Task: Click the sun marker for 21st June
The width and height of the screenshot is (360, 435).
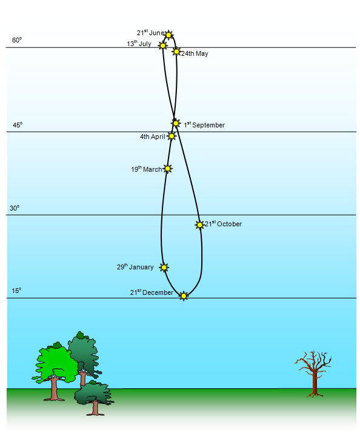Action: (x=168, y=35)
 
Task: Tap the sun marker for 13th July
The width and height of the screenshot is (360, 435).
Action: (x=162, y=46)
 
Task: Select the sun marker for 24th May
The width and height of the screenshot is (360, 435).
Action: (x=176, y=52)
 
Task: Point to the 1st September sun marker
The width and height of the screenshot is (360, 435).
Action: (x=175, y=123)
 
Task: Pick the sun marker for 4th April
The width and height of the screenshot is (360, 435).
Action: (x=172, y=136)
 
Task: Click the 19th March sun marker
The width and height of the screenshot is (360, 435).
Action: (x=167, y=169)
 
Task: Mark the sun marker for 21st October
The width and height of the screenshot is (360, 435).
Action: (x=199, y=224)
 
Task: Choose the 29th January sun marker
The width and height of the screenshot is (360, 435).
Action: (x=164, y=268)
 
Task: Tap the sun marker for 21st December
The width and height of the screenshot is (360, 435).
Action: (x=184, y=296)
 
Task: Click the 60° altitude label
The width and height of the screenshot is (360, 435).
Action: (x=17, y=40)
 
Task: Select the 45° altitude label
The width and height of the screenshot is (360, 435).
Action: (x=18, y=125)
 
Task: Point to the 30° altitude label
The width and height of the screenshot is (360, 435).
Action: (x=15, y=208)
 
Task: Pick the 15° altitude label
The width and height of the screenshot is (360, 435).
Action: (x=16, y=291)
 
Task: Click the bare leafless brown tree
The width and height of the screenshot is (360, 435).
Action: (x=314, y=374)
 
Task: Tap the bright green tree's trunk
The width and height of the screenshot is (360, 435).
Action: (x=54, y=388)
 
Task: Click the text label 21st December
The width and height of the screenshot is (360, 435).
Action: (x=152, y=292)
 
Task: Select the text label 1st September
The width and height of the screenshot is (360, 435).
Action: (x=204, y=125)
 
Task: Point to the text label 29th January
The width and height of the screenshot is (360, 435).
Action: (x=135, y=267)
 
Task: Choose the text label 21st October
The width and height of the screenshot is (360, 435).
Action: (x=223, y=224)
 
